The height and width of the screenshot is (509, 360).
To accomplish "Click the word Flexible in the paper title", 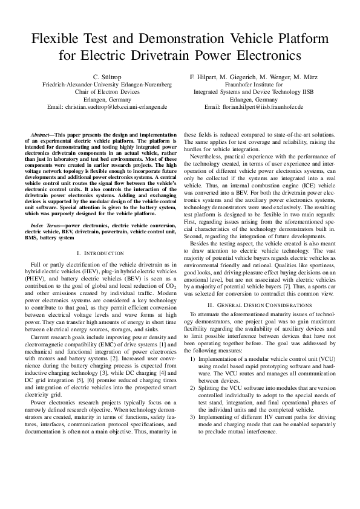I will point(59,39).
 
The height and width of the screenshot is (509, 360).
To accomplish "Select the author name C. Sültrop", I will point(103,77).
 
